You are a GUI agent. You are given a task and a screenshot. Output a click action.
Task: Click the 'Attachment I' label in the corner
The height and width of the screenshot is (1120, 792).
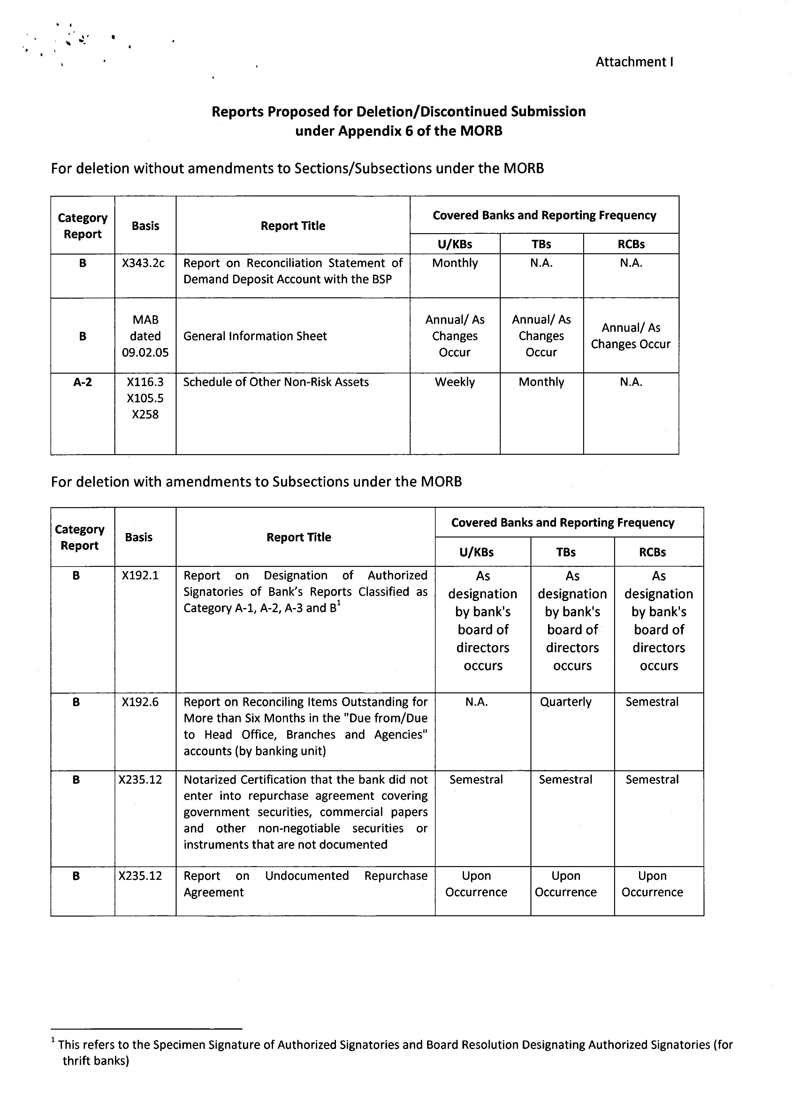click(634, 62)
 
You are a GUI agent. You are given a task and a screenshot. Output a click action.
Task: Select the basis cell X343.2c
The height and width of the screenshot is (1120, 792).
click(145, 263)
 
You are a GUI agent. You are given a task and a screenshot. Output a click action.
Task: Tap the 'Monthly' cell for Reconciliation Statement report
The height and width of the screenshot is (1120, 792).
click(454, 263)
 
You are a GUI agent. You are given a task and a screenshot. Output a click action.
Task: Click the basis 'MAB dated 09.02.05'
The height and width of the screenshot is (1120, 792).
click(145, 336)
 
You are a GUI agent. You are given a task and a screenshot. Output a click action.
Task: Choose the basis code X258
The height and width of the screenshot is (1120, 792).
click(145, 415)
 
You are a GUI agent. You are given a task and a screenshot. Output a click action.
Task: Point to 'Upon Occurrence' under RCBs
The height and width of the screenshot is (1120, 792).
click(652, 884)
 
